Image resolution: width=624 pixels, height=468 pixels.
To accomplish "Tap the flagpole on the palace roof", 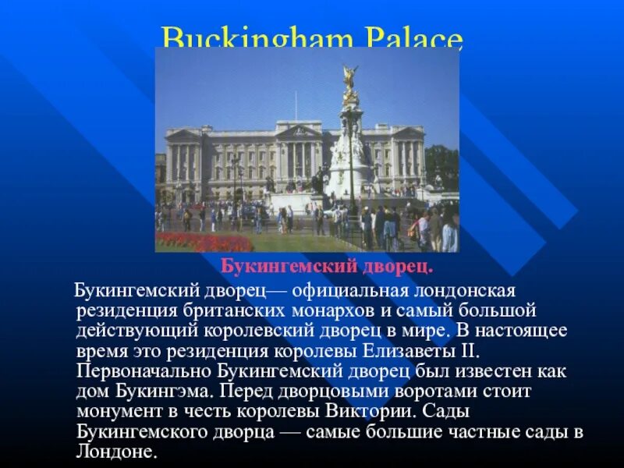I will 296,106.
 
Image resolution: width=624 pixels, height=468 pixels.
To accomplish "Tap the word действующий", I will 129,328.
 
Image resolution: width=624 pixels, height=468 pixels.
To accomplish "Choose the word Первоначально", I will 143,370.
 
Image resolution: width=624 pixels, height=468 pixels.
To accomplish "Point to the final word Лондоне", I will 116,452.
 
